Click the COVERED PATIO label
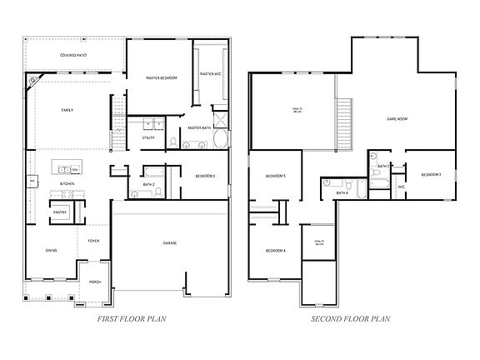point(73,56)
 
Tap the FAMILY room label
point(67,110)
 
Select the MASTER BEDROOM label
point(162,78)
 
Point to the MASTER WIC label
point(209,75)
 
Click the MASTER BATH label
point(199,127)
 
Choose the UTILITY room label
point(148,138)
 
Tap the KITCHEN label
point(67,183)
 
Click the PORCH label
point(95,282)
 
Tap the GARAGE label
point(170,243)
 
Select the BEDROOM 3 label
point(431,174)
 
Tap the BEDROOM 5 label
point(276,176)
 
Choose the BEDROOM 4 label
point(276,251)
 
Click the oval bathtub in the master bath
point(221,138)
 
